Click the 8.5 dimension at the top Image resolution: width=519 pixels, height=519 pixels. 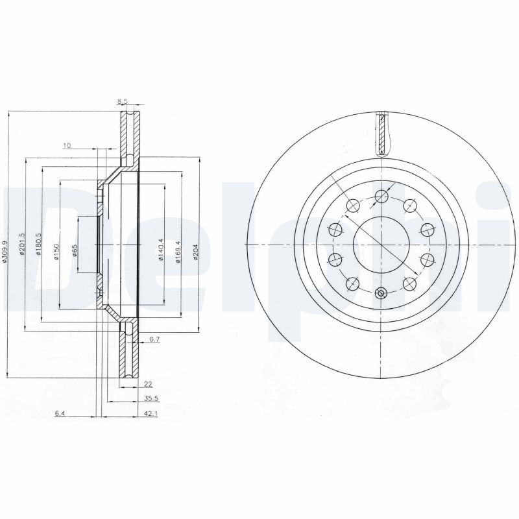[121, 101]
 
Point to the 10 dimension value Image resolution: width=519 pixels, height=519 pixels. [66, 145]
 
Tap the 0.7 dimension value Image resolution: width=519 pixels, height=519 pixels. [154, 339]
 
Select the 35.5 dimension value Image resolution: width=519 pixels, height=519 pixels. [151, 399]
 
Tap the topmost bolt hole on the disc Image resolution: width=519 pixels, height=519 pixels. [381, 195]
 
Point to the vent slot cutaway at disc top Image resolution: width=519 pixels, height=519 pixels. [382, 134]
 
